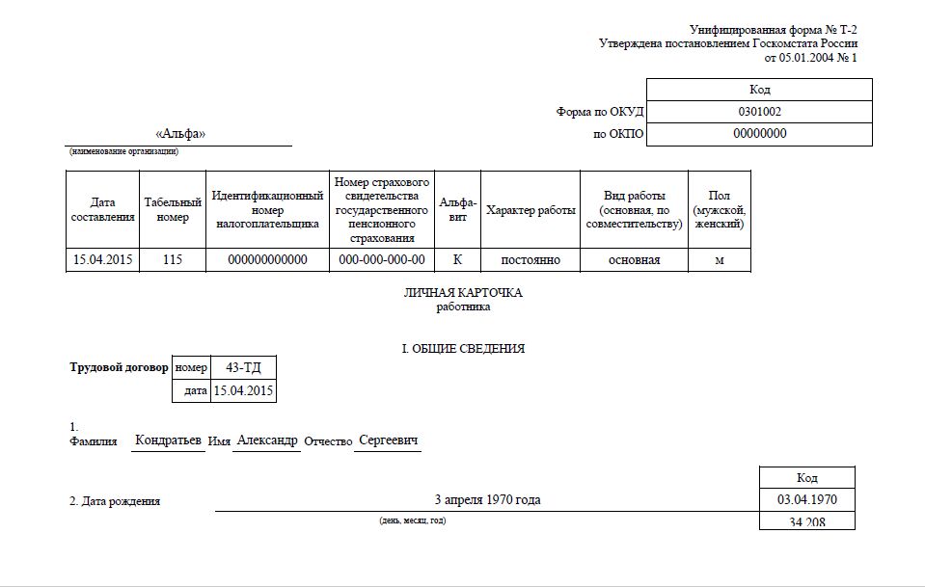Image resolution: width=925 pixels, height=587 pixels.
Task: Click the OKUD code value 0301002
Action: tap(759, 112)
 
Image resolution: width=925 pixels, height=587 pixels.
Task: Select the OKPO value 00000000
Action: tap(759, 134)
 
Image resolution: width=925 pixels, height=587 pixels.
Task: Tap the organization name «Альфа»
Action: tap(180, 134)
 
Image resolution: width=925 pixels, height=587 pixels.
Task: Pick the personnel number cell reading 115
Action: tap(173, 260)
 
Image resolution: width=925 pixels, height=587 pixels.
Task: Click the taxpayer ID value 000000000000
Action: tap(267, 260)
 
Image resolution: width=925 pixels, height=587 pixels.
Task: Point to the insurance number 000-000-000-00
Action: tap(382, 260)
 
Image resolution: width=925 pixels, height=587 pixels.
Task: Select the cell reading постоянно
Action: tap(530, 260)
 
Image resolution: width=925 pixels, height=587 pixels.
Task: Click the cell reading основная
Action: tap(633, 260)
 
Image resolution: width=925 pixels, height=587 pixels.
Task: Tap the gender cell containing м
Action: tap(719, 260)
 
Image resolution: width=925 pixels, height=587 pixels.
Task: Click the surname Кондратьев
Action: tap(169, 440)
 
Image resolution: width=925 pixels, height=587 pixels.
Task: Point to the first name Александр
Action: tap(267, 440)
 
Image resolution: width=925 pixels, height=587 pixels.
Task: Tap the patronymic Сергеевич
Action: tap(388, 440)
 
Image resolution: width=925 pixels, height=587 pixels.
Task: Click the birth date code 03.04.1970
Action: tap(807, 500)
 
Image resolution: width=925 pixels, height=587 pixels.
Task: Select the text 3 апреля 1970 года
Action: tap(487, 500)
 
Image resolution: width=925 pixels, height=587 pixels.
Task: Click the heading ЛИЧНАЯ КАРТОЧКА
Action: tap(463, 293)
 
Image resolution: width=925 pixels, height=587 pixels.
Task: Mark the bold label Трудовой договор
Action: tap(120, 367)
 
